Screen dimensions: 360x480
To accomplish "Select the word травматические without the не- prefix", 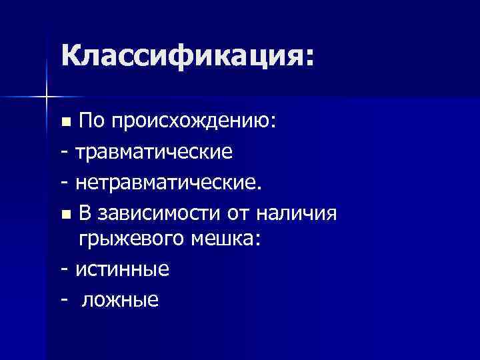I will coord(154,152).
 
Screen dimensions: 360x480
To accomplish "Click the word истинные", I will coord(123,270).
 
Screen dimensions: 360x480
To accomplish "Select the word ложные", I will coord(120,300).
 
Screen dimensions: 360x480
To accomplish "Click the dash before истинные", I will coord(65,271).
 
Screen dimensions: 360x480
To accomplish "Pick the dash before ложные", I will coord(65,301).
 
